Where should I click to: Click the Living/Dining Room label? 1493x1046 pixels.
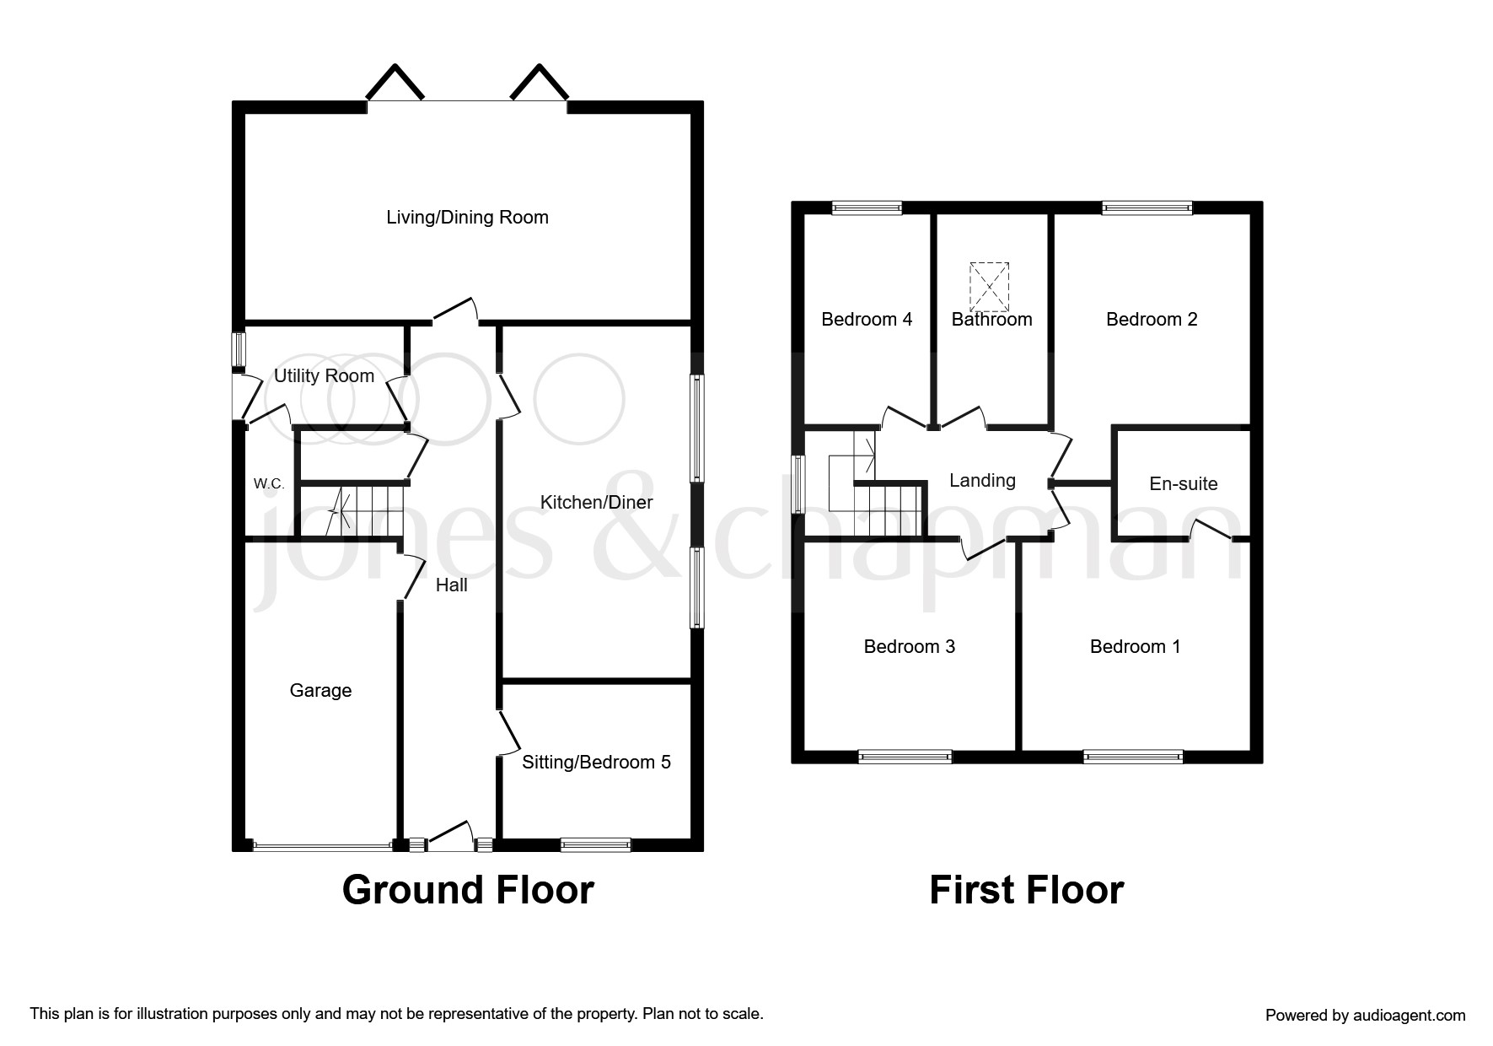pos(467,218)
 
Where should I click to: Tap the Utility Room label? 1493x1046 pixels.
pos(324,376)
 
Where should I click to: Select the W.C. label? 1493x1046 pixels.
pos(269,484)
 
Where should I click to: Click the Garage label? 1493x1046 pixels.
pos(320,691)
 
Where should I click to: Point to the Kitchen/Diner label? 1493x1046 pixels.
pos(596,503)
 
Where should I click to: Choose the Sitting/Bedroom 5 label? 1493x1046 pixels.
pos(596,763)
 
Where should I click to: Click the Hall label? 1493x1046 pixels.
pos(451,585)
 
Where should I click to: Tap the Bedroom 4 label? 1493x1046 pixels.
pos(867,320)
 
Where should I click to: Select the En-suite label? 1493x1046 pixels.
pos(1183,484)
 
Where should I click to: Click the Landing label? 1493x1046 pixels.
pos(982,481)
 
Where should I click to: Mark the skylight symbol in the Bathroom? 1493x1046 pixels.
pos(990,287)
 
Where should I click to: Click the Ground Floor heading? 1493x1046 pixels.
pos(468,891)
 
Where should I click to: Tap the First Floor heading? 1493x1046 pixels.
pos(1026,891)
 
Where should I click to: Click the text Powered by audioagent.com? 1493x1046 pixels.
pos(1365,1016)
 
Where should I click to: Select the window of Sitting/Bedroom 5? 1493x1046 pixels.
pos(595,844)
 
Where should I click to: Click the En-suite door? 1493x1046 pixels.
pos(1211,530)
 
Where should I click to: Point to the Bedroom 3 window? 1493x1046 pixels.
pos(905,757)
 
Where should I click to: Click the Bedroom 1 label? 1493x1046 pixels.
pos(1135,647)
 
